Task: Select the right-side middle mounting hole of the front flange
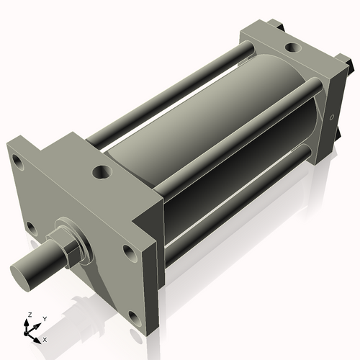coord(129,253)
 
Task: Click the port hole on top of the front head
coord(102,173)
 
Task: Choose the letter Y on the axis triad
coord(44,318)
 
